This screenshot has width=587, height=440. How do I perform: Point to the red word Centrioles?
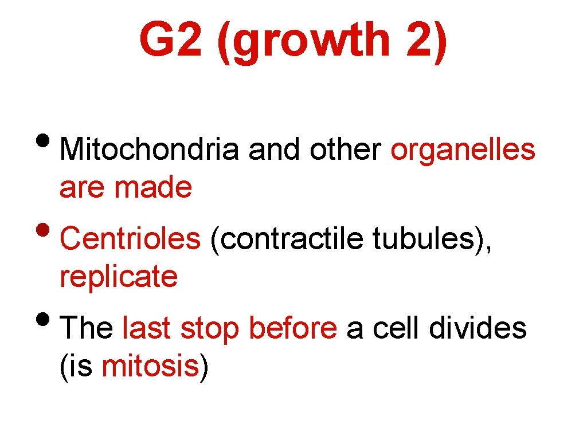point(130,239)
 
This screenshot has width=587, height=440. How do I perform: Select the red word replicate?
point(119,277)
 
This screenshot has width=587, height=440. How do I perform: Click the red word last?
point(146,329)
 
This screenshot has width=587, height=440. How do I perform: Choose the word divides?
point(479,329)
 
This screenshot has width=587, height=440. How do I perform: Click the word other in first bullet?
point(345,151)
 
